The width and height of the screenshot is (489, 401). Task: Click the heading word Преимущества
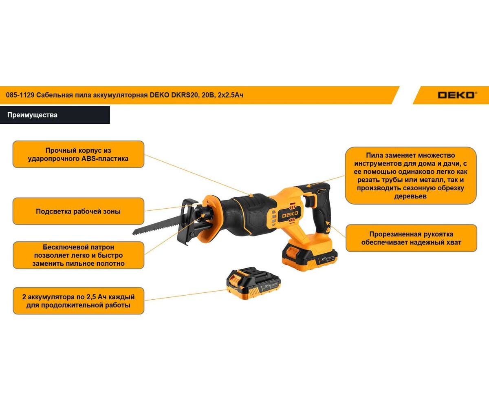pos(32,115)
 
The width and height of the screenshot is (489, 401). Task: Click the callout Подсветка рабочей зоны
pos(78,211)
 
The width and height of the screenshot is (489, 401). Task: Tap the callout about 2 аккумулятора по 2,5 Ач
pos(78,301)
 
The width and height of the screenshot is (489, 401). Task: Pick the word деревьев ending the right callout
pos(410,196)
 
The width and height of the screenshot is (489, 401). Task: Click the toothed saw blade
pos(160,225)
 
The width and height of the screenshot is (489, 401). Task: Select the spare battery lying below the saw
pos(253,283)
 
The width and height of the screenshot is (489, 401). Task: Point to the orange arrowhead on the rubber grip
pos(328,223)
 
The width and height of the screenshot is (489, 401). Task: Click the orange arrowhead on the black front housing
pos(251,195)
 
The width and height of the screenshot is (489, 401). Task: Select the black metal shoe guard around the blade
pos(187,222)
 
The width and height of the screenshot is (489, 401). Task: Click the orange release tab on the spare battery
pos(235,278)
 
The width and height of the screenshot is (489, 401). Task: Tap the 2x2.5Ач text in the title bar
pos(231,95)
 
